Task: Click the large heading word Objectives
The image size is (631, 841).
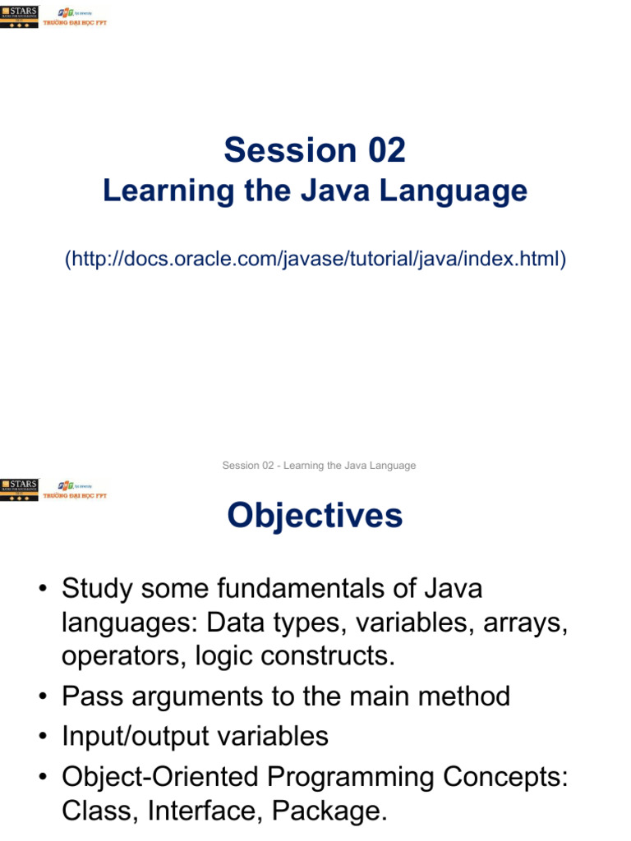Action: pyautogui.click(x=315, y=516)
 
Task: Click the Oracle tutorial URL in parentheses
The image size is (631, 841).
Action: pyautogui.click(x=315, y=260)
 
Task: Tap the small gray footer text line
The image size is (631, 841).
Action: pyautogui.click(x=319, y=466)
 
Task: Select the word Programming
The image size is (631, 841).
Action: pyautogui.click(x=362, y=776)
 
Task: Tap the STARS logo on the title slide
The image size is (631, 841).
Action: pyautogui.click(x=19, y=16)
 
